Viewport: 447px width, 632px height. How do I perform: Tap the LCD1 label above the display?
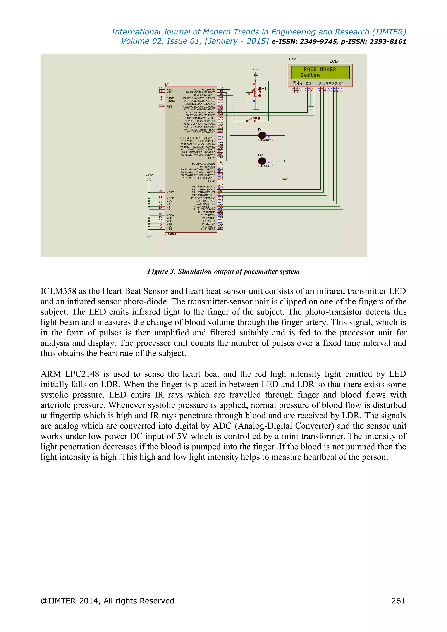(x=335, y=61)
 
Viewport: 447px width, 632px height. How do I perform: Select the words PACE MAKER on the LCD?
(x=320, y=69)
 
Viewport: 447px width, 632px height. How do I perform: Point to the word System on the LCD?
(x=310, y=75)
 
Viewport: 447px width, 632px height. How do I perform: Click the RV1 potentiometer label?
(x=263, y=89)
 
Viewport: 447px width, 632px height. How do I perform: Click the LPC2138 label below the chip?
(x=170, y=234)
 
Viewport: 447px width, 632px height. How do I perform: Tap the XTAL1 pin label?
(x=171, y=89)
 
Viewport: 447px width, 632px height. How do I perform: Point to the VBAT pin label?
(x=170, y=192)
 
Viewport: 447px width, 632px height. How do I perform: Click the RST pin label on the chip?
(x=169, y=106)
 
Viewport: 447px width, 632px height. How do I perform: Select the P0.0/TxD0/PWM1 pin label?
(x=205, y=89)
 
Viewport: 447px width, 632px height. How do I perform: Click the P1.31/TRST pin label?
(x=208, y=229)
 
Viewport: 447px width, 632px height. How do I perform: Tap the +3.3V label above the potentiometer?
(x=256, y=70)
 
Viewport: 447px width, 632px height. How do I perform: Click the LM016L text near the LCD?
(x=292, y=59)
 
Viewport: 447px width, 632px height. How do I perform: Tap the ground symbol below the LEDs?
(x=285, y=179)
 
